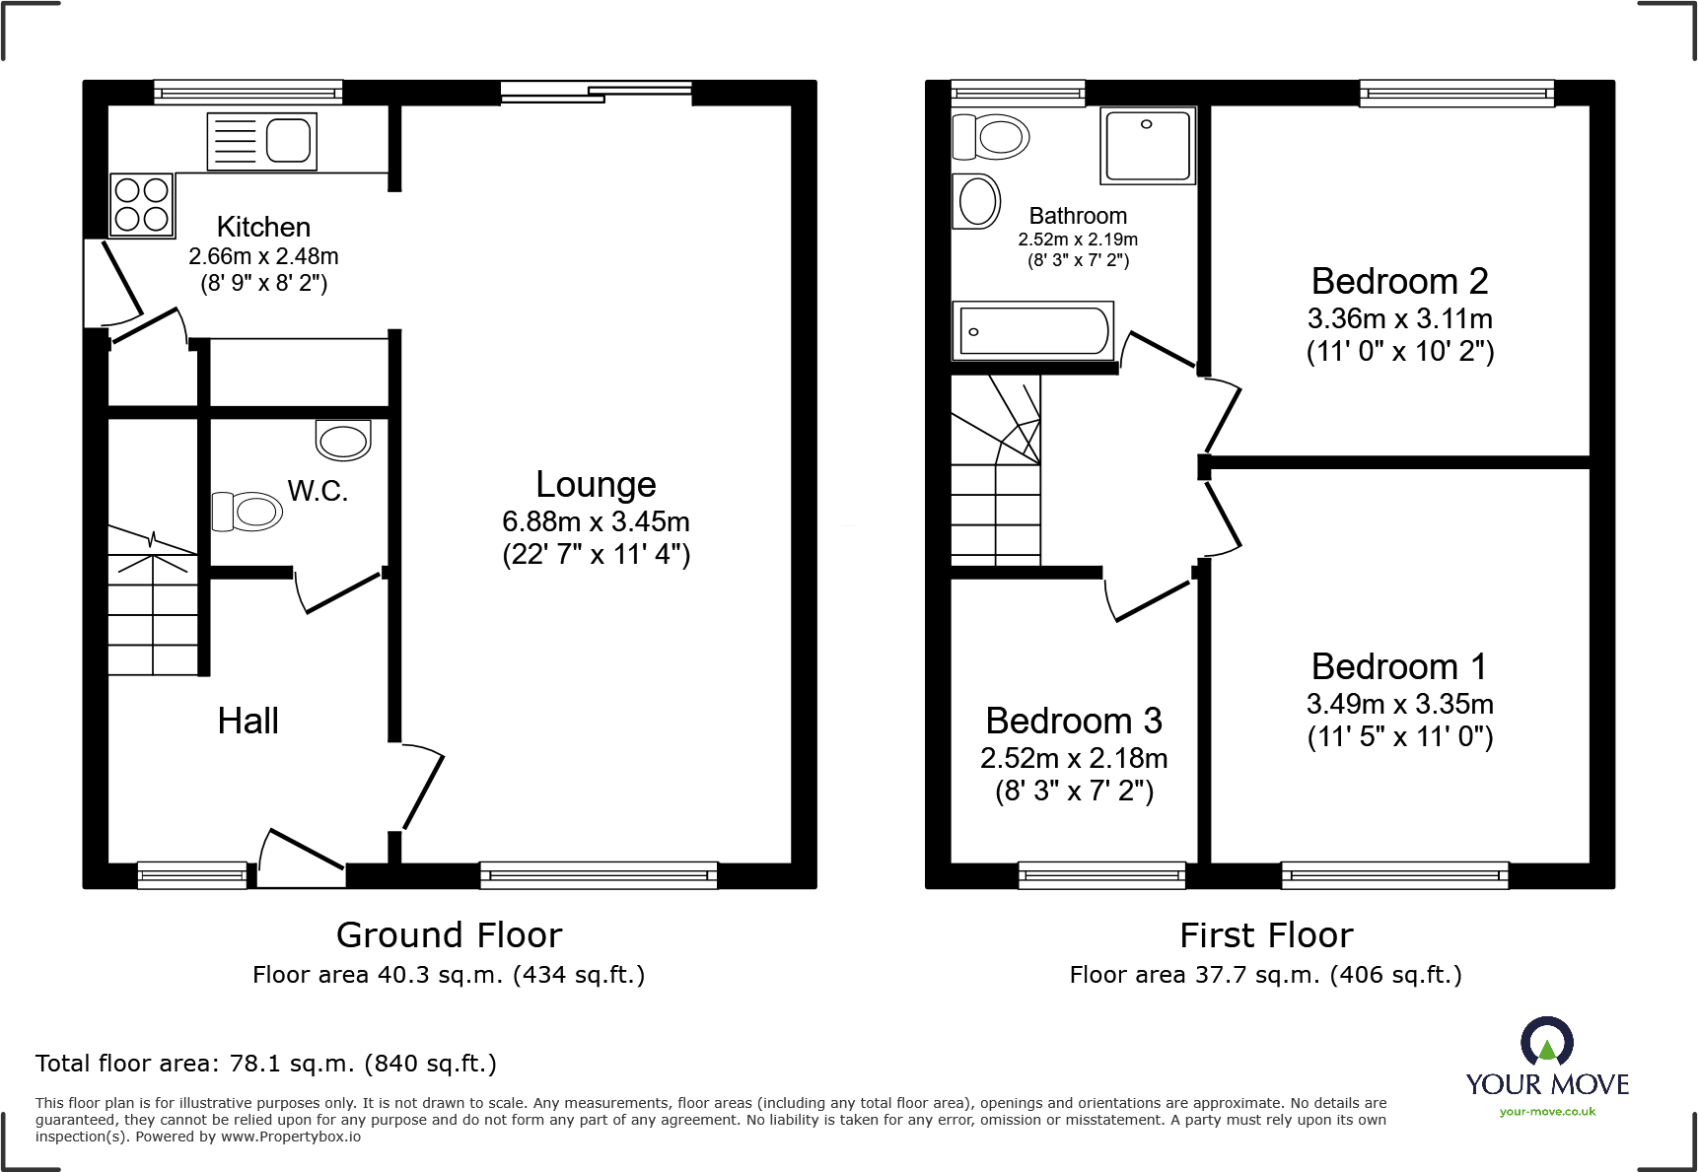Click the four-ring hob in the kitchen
(x=142, y=204)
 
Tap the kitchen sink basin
(x=288, y=140)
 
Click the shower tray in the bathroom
(x=1148, y=146)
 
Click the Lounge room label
(x=596, y=484)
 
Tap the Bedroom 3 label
(x=1074, y=721)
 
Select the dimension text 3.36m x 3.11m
(x=1399, y=318)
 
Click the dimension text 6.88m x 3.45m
(x=596, y=521)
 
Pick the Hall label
(x=248, y=721)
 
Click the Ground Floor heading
(x=449, y=934)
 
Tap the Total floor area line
(x=266, y=1064)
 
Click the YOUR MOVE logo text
(x=1547, y=1084)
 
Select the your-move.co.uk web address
(x=1547, y=1112)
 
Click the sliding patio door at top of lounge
(x=597, y=93)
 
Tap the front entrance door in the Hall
(x=301, y=858)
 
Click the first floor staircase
(x=995, y=473)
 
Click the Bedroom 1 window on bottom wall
(x=1394, y=873)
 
